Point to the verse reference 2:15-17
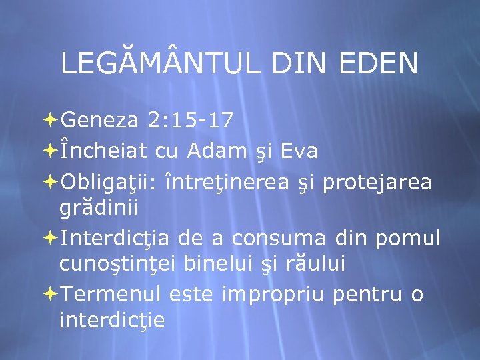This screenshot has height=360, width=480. [x=191, y=120]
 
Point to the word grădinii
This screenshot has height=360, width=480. [x=99, y=207]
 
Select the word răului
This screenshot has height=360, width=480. [x=313, y=264]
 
